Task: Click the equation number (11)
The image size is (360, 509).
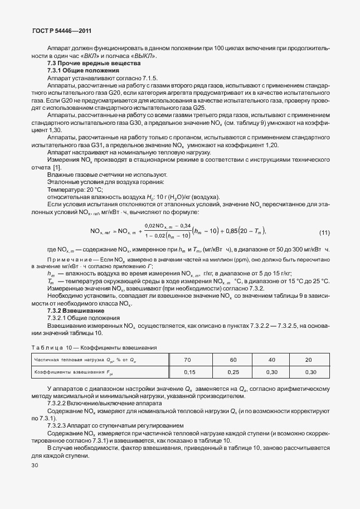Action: pyautogui.click(x=323, y=232)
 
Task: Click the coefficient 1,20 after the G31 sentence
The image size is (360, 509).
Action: pyautogui.click(x=269, y=145)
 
